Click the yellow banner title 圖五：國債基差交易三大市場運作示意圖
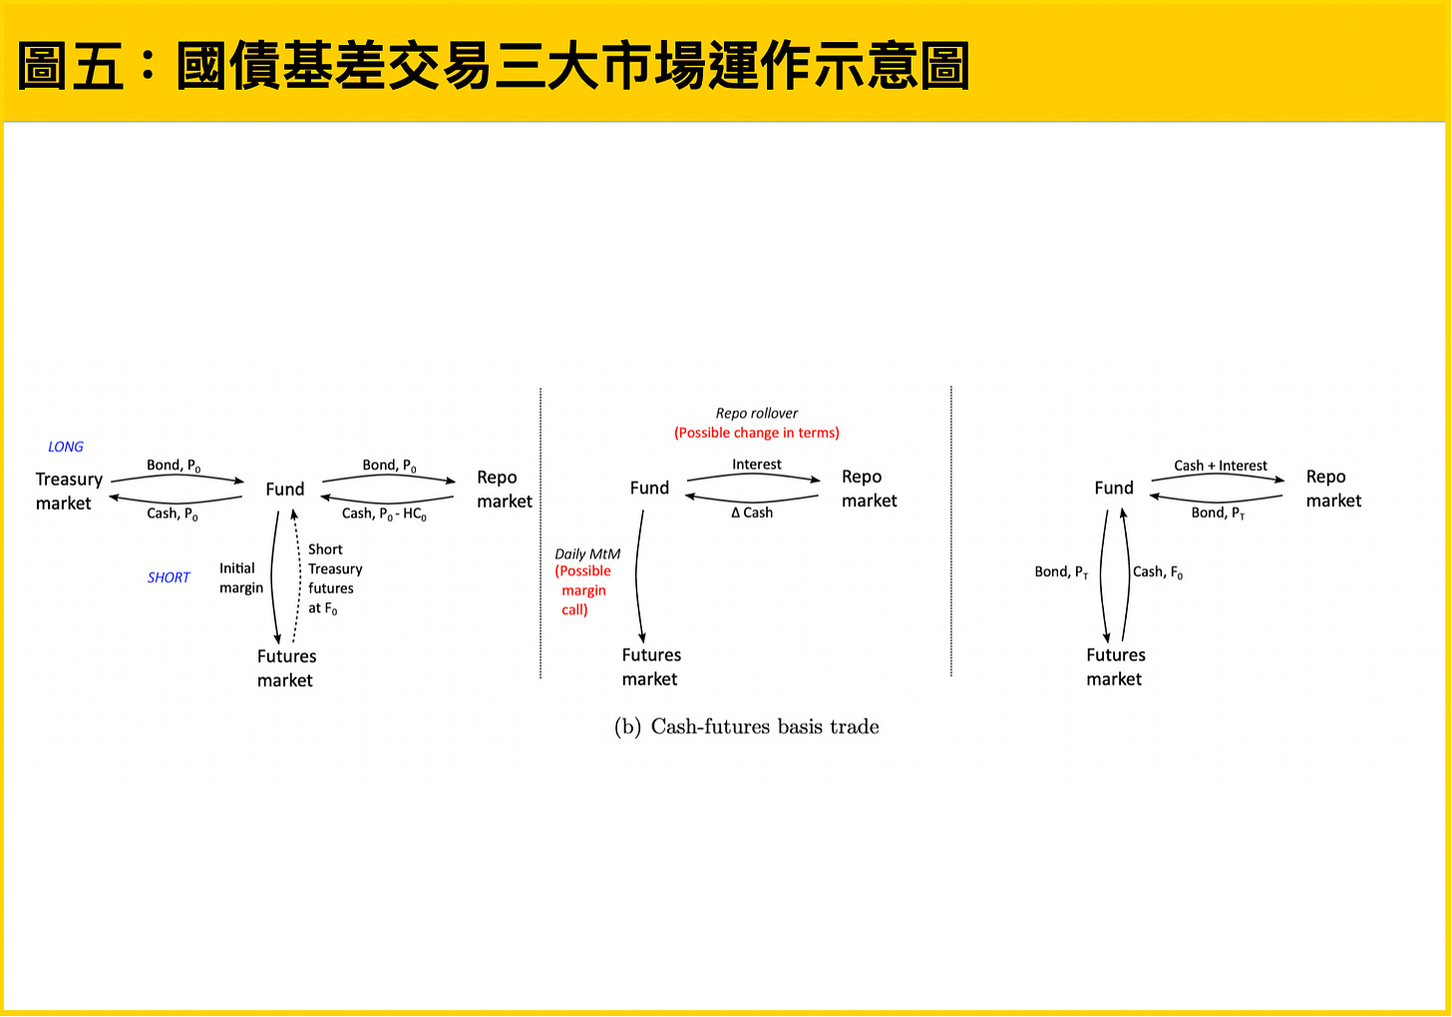coord(494,67)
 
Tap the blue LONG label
coord(66,447)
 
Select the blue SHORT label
coord(169,577)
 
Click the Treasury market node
coord(68,492)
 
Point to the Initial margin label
coord(241,578)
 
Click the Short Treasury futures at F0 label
coord(334,578)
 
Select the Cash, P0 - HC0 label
coord(384,513)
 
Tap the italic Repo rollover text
coord(757,413)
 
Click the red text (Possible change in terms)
coord(757,433)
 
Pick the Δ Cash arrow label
coord(752,512)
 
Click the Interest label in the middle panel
coord(757,465)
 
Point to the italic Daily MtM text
coord(587,554)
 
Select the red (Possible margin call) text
coord(582,590)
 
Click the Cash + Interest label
coord(1221,466)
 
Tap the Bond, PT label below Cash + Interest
coord(1218,513)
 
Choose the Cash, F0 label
coord(1158,572)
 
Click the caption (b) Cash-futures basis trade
coord(746,727)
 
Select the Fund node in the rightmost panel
coord(1114,489)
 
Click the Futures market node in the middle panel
coord(651,667)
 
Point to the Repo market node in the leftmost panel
coord(505,490)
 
